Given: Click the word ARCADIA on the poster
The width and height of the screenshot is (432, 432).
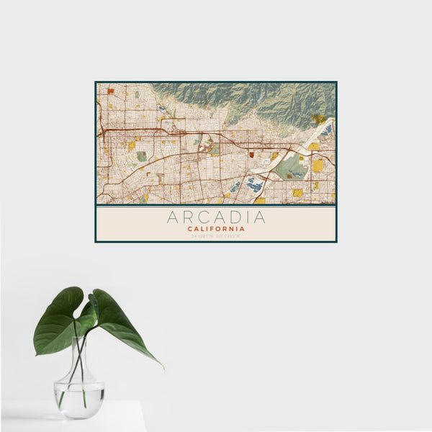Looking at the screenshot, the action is pos(216,217).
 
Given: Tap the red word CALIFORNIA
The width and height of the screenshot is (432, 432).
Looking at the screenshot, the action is pos(216,229).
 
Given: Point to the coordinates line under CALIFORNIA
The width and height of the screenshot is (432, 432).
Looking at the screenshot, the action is pos(216,235).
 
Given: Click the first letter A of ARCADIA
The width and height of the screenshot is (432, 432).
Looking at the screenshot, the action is pos(172,217).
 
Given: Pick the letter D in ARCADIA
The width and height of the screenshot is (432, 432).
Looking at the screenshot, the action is pos(233,217).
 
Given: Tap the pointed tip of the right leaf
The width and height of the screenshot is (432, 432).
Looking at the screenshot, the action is pos(161,366).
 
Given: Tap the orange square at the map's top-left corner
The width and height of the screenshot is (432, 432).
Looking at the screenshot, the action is pos(111,91).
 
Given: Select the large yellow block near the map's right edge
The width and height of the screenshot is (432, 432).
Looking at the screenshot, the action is pos(318,166).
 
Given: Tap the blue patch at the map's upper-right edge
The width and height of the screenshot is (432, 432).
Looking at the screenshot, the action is pos(328,130).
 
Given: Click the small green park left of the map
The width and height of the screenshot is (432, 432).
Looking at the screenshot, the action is pos(142,156).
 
